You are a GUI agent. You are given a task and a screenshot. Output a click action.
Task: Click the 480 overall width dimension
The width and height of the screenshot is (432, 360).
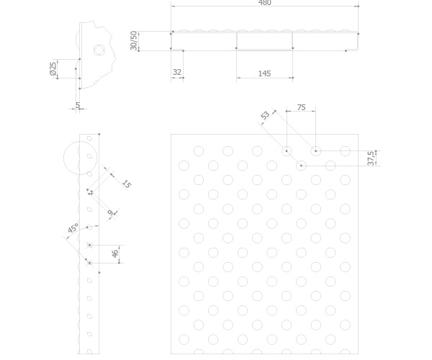click(x=264, y=3)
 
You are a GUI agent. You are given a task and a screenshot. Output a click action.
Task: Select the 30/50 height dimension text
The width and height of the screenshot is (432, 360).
click(x=133, y=41)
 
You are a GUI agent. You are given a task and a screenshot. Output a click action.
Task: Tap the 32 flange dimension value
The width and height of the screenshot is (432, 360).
click(x=177, y=72)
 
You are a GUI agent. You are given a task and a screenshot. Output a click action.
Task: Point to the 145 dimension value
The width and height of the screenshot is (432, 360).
click(x=264, y=73)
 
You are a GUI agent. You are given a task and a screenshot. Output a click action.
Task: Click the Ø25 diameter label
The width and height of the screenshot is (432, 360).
click(x=53, y=68)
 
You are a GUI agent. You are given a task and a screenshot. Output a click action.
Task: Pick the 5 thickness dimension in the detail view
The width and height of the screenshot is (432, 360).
click(x=78, y=105)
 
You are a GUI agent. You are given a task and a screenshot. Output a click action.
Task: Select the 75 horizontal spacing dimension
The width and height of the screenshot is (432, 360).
click(x=302, y=107)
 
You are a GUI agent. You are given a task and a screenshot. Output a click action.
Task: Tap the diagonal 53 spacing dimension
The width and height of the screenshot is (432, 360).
click(x=265, y=115)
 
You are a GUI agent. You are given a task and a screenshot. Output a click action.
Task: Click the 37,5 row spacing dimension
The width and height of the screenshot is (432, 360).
click(x=371, y=158)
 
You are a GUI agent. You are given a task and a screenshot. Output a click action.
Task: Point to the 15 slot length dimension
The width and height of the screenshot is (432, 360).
click(x=126, y=184)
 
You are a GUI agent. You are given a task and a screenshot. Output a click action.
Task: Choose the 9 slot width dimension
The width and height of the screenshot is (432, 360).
click(x=110, y=212)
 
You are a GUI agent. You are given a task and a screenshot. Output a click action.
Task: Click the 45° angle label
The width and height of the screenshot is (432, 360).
click(x=73, y=228)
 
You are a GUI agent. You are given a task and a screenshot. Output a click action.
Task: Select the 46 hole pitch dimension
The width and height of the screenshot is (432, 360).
click(x=115, y=253)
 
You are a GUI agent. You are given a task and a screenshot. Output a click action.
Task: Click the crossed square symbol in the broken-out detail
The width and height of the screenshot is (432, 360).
click(x=99, y=50)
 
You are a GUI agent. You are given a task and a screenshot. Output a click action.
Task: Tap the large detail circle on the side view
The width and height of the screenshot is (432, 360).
click(x=80, y=158)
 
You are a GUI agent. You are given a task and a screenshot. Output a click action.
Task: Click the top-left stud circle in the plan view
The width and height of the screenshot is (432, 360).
click(x=199, y=151)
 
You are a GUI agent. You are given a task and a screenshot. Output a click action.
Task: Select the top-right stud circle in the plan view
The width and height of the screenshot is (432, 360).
click(x=345, y=151)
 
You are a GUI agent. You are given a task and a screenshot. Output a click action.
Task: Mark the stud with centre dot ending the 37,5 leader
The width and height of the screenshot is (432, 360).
click(x=301, y=166)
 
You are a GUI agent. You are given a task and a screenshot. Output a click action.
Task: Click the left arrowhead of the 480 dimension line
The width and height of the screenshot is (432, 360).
click(x=173, y=6)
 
